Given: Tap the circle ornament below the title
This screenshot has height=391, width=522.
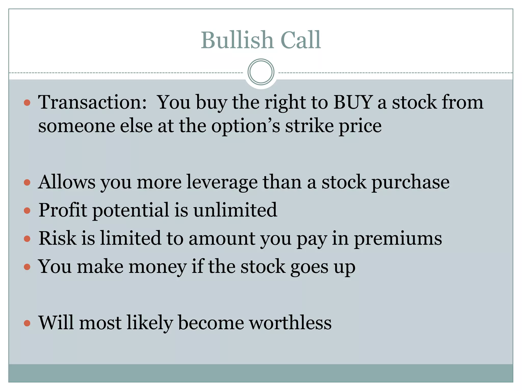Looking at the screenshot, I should pyautogui.click(x=261, y=72).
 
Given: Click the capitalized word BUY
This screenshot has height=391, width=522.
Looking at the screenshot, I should pyautogui.click(x=353, y=102).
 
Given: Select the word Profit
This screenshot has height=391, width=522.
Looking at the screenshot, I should pyautogui.click(x=63, y=210).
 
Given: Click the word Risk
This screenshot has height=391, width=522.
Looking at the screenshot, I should pyautogui.click(x=57, y=239).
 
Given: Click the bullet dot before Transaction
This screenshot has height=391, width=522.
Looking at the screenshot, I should pyautogui.click(x=27, y=103).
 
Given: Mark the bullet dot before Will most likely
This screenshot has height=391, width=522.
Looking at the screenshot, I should pyautogui.click(x=27, y=323).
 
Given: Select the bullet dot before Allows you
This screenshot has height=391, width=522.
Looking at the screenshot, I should pyautogui.click(x=27, y=183).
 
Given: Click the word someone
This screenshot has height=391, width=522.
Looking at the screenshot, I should pyautogui.click(x=76, y=126).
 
